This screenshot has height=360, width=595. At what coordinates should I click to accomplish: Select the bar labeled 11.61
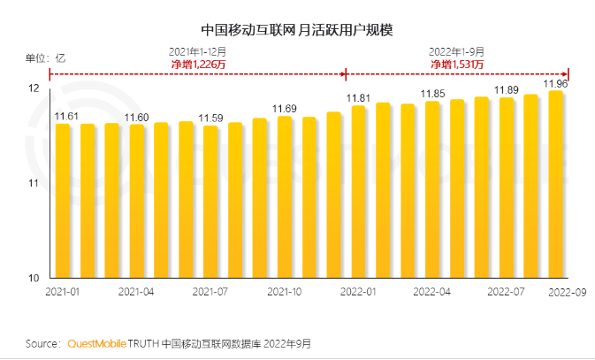tap(63, 200)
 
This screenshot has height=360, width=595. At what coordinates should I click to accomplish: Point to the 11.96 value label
tap(555, 84)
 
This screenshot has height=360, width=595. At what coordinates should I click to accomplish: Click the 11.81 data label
tap(357, 98)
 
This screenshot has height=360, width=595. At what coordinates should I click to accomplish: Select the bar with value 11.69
tap(285, 196)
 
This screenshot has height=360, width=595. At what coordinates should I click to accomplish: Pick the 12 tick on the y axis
tap(34, 89)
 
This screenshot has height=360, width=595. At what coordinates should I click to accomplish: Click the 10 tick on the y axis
tap(34, 278)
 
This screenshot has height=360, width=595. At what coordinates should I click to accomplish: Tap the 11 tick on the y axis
tap(34, 183)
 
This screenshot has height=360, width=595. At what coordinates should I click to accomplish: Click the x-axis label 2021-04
tap(137, 290)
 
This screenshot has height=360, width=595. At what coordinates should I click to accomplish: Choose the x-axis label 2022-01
tap(358, 290)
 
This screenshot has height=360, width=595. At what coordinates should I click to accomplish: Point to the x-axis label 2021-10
tap(285, 290)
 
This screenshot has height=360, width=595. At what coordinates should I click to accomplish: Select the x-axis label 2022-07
tap(506, 290)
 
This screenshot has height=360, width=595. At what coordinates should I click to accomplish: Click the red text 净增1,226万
tap(200, 65)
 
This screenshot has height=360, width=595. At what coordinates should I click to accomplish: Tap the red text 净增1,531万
tap(457, 65)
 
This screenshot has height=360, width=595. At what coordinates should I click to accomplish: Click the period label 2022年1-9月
tap(457, 51)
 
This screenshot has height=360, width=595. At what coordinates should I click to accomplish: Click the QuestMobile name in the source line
tap(96, 342)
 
